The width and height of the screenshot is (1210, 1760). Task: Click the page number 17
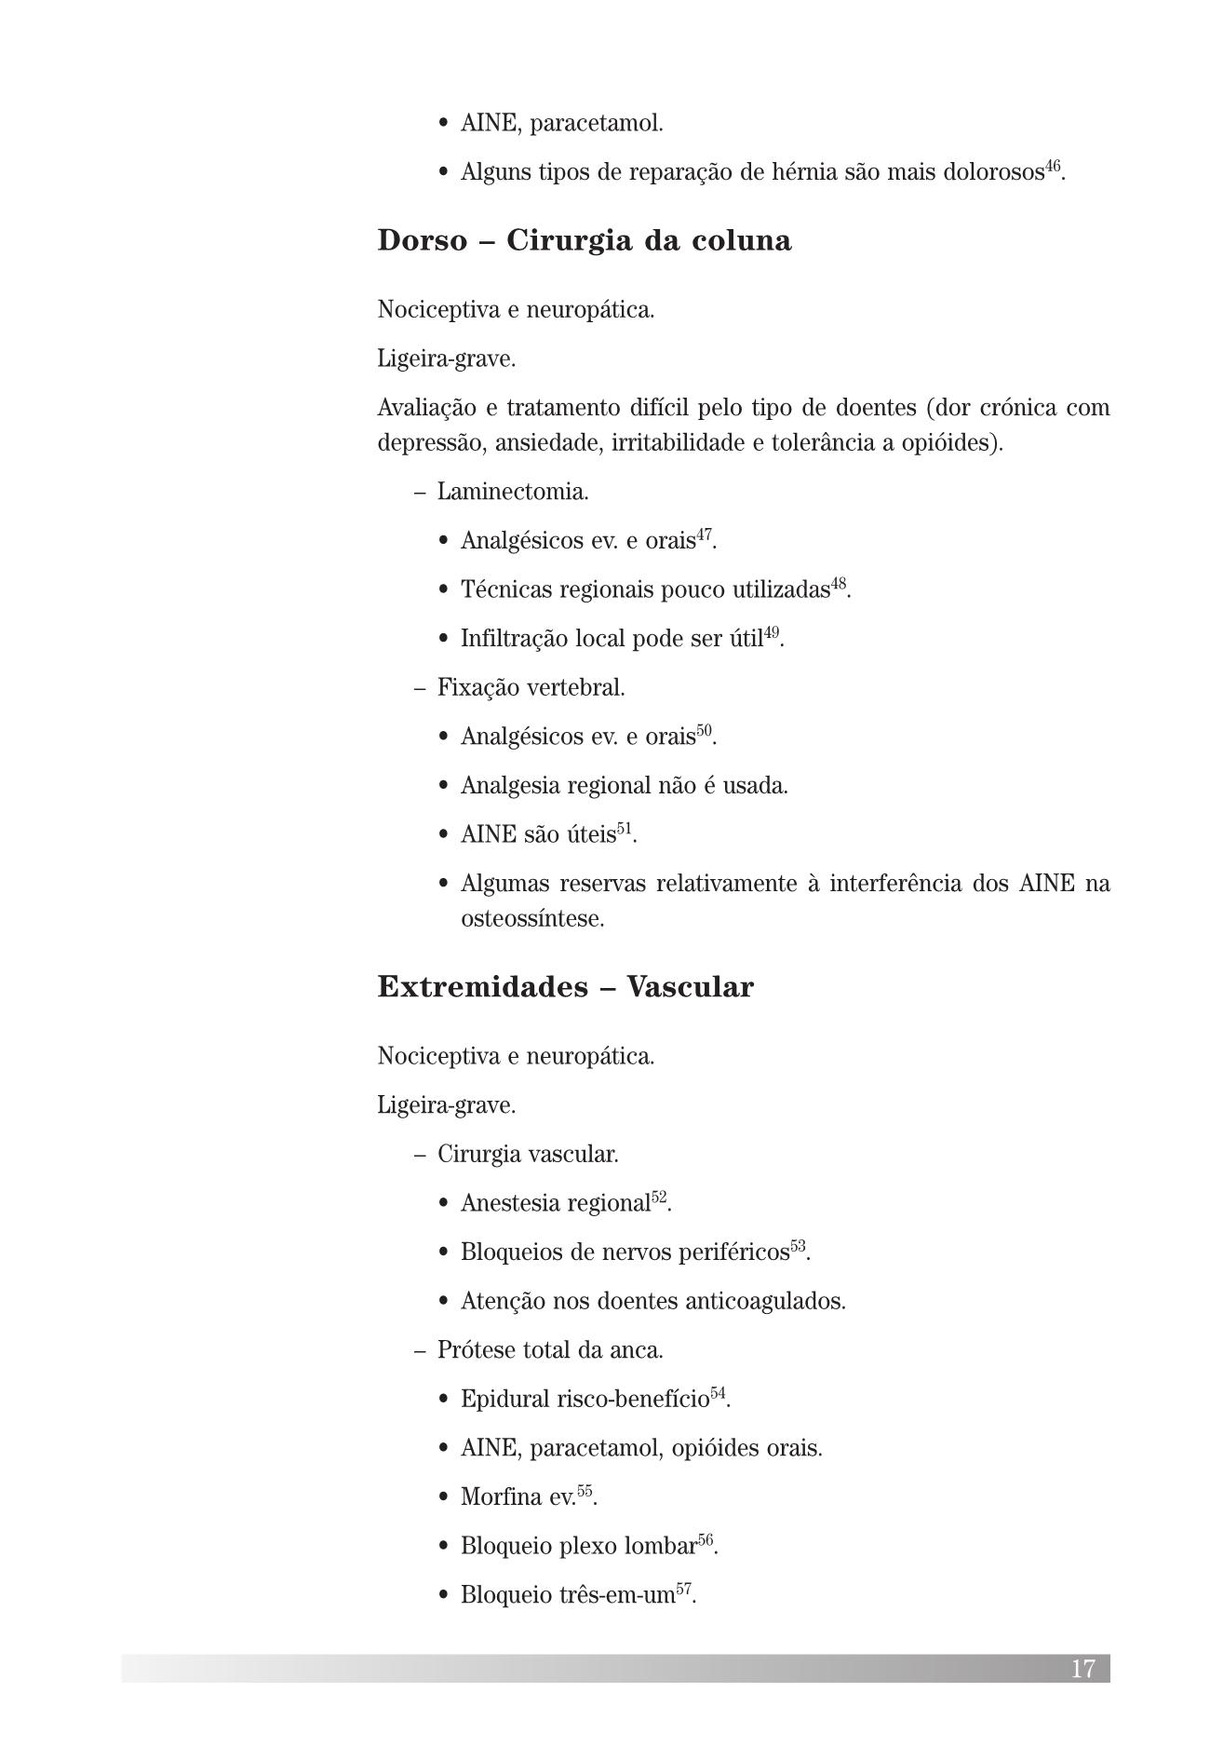click(x=1082, y=1668)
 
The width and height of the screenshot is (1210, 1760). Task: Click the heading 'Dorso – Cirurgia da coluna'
click(x=585, y=241)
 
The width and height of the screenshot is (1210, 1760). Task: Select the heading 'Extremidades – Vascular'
click(x=565, y=987)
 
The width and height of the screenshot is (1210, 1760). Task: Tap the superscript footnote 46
click(x=1053, y=167)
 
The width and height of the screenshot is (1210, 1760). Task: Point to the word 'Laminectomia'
click(x=512, y=492)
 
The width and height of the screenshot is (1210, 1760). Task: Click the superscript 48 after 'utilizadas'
click(x=839, y=584)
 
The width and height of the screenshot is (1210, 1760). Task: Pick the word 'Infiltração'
click(x=513, y=639)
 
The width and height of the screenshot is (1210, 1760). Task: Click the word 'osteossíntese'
click(x=531, y=919)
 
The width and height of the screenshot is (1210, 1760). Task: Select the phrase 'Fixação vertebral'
click(x=531, y=688)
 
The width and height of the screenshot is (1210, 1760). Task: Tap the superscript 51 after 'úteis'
click(x=625, y=828)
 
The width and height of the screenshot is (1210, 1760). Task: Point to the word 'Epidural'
click(x=504, y=1400)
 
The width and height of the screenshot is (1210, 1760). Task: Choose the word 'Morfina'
click(x=500, y=1497)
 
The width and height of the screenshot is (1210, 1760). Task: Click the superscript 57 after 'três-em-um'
click(x=684, y=1590)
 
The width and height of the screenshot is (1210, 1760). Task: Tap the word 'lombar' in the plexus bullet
click(x=661, y=1547)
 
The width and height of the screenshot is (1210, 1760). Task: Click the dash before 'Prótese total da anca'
click(x=420, y=1350)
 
